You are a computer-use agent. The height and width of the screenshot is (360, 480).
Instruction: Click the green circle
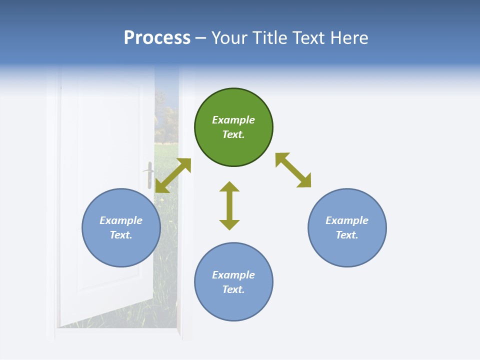pos(233,127)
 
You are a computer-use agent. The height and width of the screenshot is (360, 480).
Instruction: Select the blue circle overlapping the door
pos(121,227)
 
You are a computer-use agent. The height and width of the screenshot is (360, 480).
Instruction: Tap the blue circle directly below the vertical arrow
pos(233,281)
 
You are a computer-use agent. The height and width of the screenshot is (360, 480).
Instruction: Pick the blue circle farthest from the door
pos(347,227)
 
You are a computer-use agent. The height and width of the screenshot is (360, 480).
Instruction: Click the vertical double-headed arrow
pos(229,205)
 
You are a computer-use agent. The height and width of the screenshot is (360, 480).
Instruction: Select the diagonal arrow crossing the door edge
pos(173,175)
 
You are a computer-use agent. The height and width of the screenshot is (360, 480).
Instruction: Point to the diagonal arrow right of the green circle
pos(293,170)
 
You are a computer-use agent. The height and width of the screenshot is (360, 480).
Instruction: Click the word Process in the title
pos(157,37)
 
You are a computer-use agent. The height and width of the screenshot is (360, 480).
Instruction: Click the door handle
pos(149,175)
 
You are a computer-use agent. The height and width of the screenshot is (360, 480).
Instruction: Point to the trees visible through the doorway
pos(166,121)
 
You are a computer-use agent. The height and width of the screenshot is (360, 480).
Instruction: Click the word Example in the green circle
pos(233,119)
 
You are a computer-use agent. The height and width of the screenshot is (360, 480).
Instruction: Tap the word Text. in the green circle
pos(233,134)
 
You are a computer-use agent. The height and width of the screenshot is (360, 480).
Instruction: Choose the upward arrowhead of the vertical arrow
pos(229,186)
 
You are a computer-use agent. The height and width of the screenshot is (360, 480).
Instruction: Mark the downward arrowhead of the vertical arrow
pos(229,225)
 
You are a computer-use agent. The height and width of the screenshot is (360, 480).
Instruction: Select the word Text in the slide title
pos(308,37)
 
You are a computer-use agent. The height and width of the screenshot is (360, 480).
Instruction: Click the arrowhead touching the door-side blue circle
pos(161,187)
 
